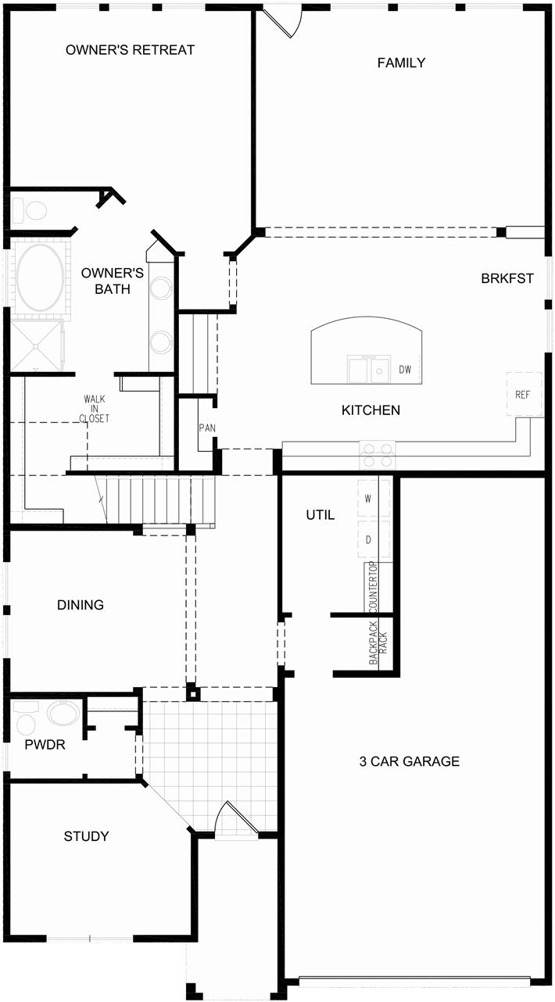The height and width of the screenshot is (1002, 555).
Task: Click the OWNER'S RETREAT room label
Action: coord(130,50)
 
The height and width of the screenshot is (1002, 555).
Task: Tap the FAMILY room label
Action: coord(401,63)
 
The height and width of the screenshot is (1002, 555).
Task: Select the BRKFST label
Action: coord(507,278)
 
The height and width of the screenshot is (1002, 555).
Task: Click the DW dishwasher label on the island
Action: coord(404,370)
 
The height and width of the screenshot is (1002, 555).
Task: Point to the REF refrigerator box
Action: coord(523,395)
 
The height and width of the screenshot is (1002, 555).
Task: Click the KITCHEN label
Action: coord(371,410)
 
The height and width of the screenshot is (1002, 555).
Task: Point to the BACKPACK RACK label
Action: coord(378,642)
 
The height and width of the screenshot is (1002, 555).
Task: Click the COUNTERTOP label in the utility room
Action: coord(373,588)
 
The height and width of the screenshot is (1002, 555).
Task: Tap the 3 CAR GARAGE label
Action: coord(409,761)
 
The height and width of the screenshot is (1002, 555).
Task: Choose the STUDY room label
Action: coord(86,836)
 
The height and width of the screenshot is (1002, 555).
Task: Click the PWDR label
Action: coord(45,745)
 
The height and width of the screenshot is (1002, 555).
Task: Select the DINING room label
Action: coord(81,605)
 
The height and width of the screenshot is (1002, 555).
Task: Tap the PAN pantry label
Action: coord(206,428)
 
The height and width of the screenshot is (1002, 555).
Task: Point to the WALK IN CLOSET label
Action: coord(95,409)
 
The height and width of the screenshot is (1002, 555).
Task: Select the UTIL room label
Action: coord(320,515)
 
